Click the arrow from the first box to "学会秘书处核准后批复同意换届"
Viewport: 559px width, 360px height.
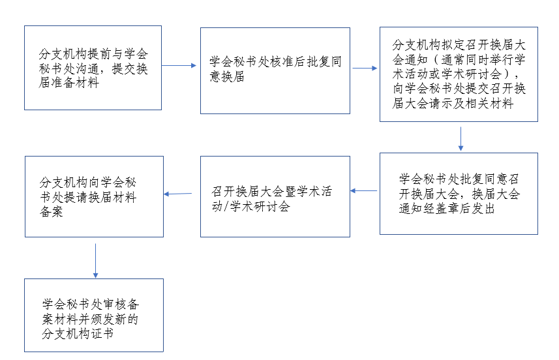[x=179, y=66]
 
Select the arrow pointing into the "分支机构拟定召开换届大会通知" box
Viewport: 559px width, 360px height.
[x=365, y=68]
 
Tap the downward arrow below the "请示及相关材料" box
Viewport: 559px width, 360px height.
[x=461, y=139]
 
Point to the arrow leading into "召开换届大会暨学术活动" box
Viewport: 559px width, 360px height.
[x=363, y=190]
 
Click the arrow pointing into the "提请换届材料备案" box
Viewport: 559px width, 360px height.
[x=178, y=194]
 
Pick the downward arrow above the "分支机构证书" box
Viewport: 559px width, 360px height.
[x=95, y=261]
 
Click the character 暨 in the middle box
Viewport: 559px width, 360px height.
[x=290, y=191]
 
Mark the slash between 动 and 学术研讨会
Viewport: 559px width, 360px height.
[x=227, y=206]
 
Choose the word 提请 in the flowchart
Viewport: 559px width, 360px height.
[x=76, y=197]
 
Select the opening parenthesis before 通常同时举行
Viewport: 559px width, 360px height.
[x=435, y=59]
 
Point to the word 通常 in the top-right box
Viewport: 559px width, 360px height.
[x=453, y=59]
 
